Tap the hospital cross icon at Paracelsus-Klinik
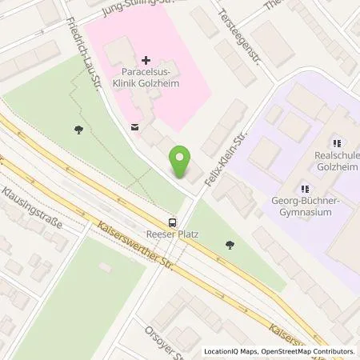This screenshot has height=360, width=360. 145,60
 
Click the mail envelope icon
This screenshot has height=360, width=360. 133,126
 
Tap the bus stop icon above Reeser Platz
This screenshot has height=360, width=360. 173,222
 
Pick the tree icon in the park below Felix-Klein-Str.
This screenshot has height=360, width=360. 230,245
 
